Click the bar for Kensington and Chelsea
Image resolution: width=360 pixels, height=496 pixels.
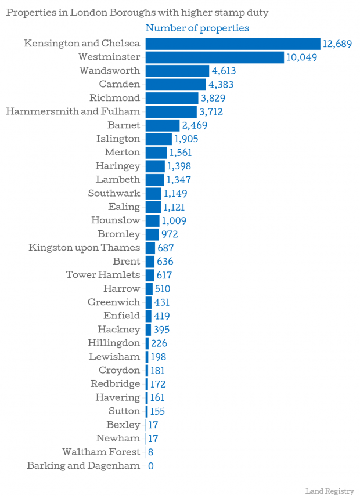point(232,44)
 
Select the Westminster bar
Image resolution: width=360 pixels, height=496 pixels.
point(214,57)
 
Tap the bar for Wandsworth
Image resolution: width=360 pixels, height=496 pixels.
point(177,71)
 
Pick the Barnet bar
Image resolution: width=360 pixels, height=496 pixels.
point(162,125)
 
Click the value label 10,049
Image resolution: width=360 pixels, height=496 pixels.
point(301,57)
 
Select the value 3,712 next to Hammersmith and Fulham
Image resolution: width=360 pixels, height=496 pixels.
point(211,111)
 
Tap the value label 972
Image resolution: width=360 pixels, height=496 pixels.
point(170,234)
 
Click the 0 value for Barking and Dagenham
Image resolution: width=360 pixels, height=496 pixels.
point(150,466)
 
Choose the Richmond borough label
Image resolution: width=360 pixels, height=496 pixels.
point(114,97)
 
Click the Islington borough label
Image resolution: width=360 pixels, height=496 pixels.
point(118,139)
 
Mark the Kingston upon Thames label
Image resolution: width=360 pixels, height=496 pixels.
point(84,248)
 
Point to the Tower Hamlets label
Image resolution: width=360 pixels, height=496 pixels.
point(103,275)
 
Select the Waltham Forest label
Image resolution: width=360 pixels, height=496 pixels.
point(101,452)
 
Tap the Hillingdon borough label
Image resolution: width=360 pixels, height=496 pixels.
point(114,343)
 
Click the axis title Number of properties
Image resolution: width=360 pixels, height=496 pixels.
point(197,28)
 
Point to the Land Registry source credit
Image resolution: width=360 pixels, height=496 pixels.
point(329,491)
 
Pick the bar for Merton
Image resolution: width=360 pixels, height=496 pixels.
point(156,153)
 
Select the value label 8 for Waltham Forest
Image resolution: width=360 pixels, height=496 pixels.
point(150,452)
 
